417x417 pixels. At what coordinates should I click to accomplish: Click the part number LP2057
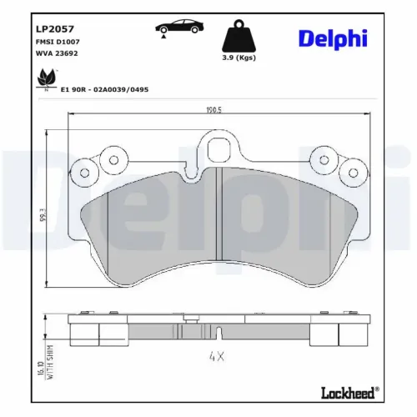tap(53, 25)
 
